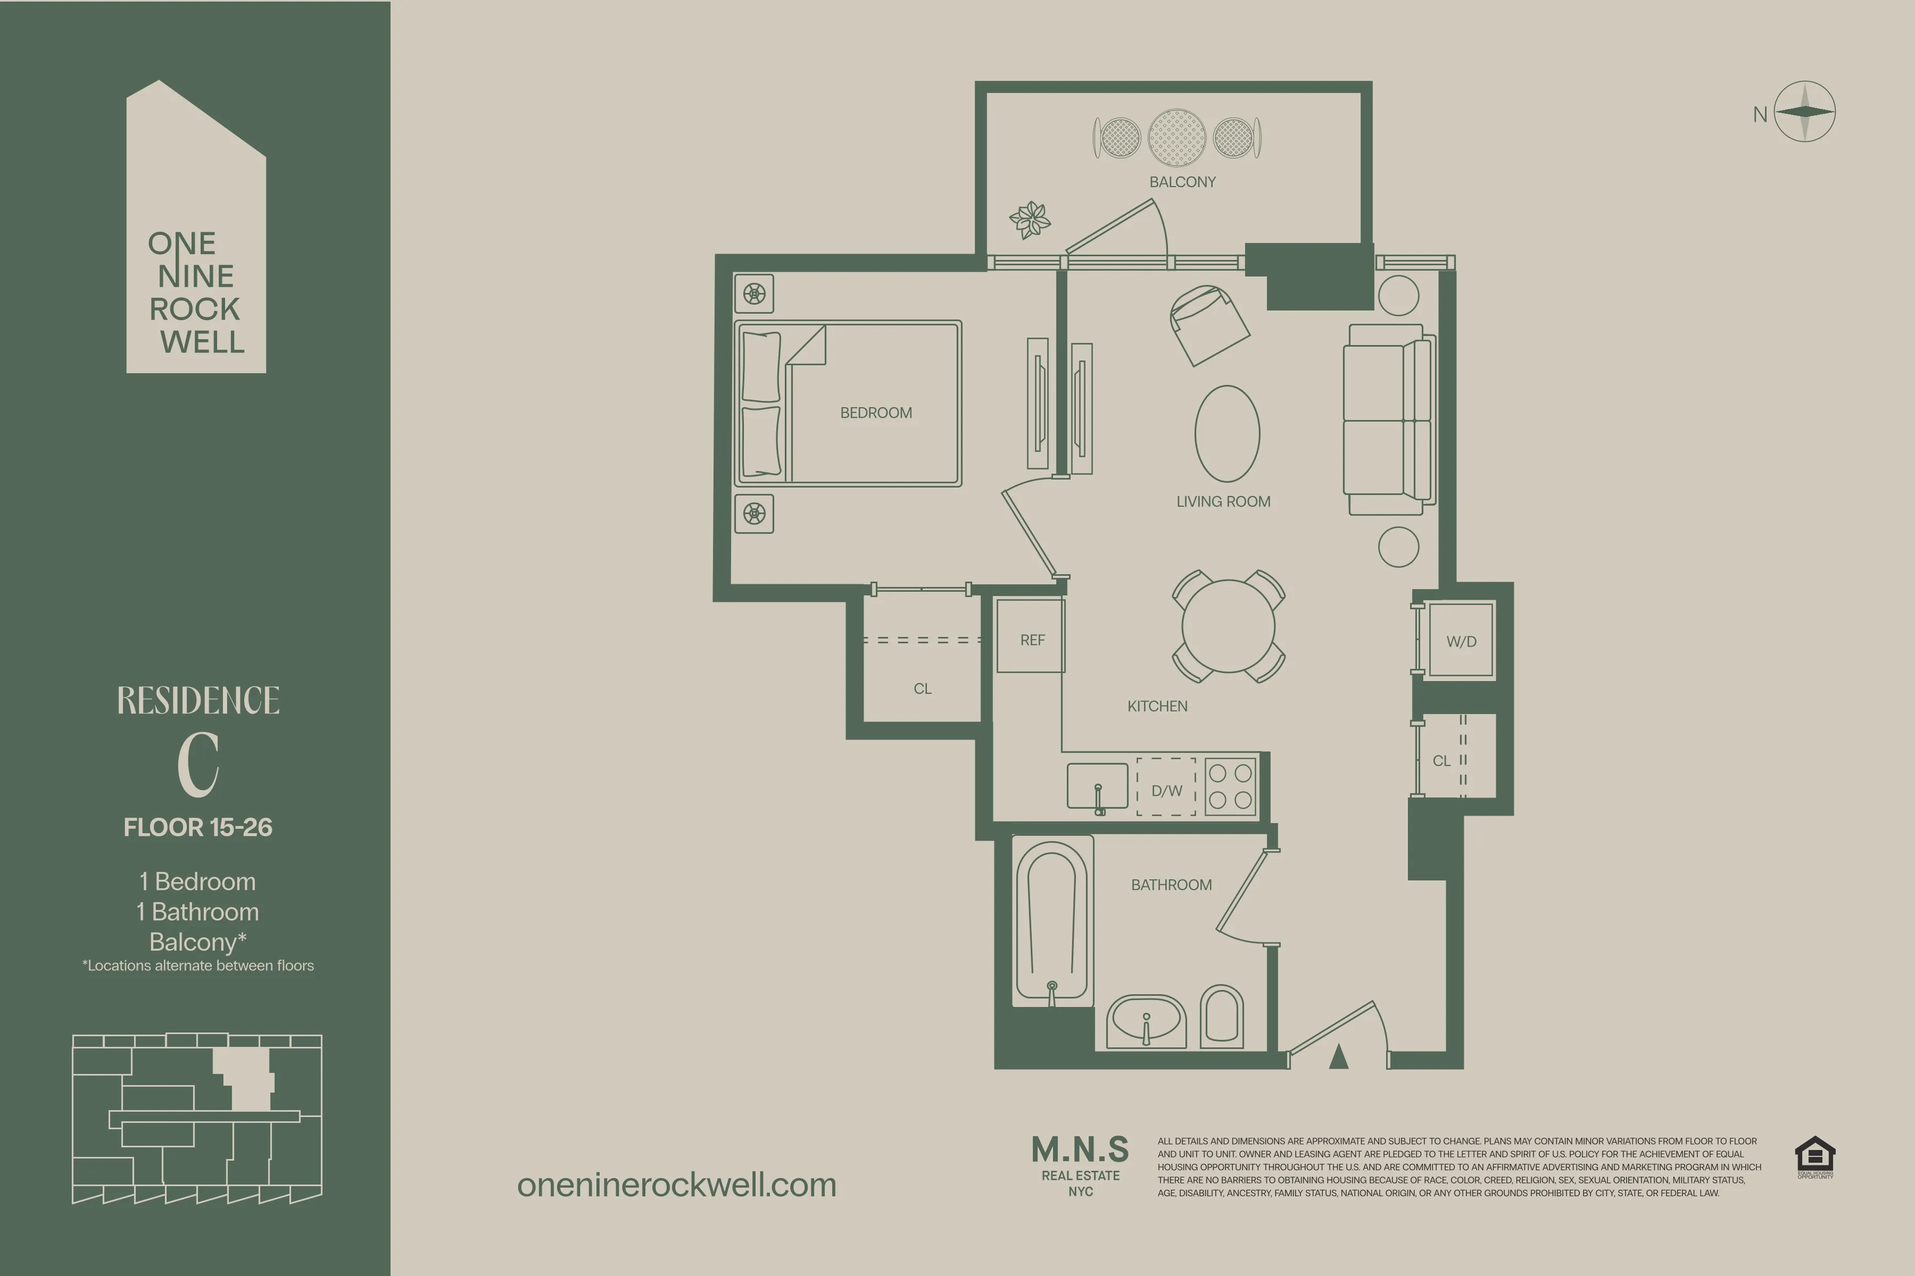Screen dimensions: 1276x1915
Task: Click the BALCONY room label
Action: [x=1182, y=181]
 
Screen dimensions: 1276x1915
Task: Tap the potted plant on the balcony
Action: [x=1030, y=220]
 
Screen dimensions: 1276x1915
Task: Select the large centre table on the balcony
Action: [x=1176, y=138]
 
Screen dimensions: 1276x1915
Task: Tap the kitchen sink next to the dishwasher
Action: [x=1098, y=786]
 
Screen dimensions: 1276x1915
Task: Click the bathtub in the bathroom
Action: [x=1052, y=924]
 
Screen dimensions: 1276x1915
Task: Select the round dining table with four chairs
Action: [x=1229, y=626]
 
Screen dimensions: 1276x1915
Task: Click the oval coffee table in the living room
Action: [x=1227, y=434]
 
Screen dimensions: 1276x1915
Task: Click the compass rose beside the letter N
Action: [x=1804, y=112]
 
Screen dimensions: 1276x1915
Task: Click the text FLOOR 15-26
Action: [x=198, y=828]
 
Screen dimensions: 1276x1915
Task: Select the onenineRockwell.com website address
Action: [x=677, y=1185]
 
